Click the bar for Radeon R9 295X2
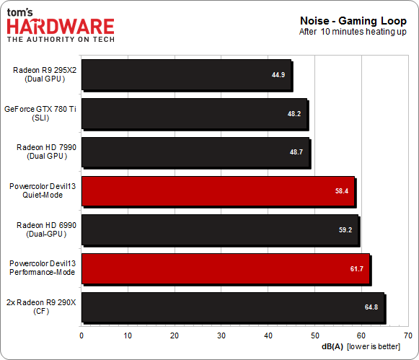coord(186,74)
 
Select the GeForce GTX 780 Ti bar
coord(195,113)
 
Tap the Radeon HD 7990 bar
coord(195,152)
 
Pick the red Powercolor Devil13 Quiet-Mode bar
coord(218,191)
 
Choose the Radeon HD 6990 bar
coord(220,229)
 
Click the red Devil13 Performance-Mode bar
coord(225,268)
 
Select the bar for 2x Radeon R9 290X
coord(232,307)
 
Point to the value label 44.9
coord(279,74)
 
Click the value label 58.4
coord(342,191)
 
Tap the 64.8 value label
coord(372,307)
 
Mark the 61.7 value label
coord(358,268)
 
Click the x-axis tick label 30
coord(221,335)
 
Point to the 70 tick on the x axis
coord(407,335)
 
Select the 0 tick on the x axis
coord(81,335)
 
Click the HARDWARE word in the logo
coord(61,27)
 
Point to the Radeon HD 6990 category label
coord(46,229)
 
